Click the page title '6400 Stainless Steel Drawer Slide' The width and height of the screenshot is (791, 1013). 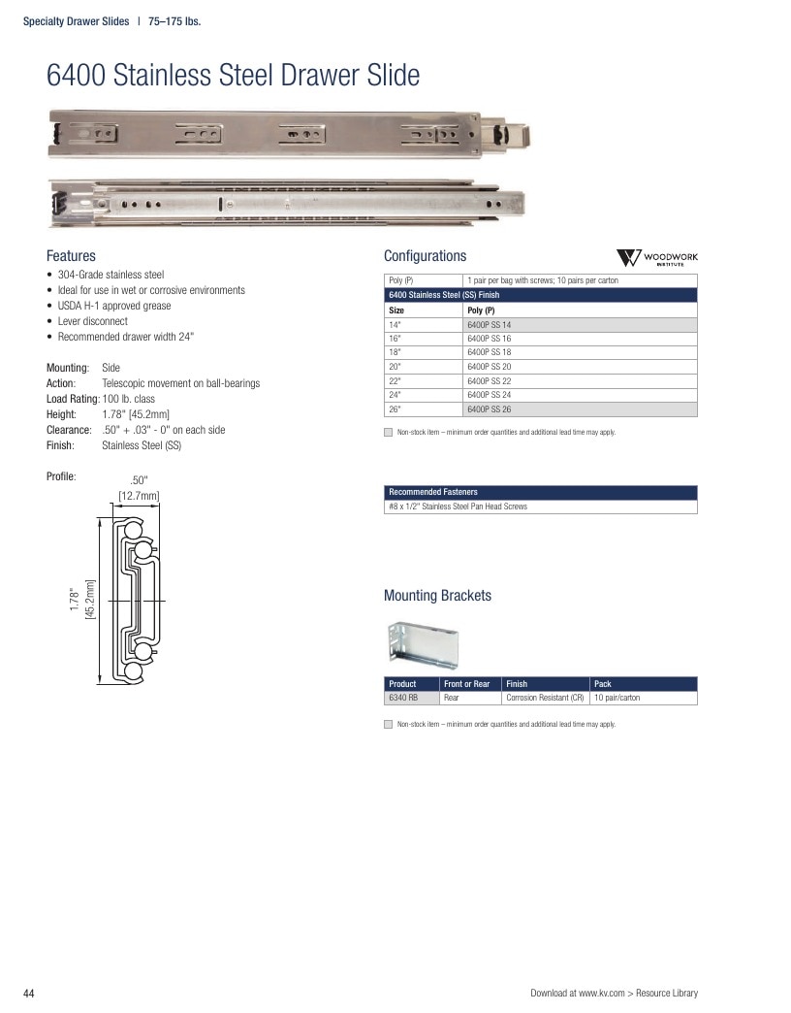[233, 75]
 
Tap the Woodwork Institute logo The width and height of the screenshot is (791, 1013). [657, 258]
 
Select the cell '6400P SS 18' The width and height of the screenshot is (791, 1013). [490, 352]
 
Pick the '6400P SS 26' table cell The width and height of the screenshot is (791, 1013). [490, 408]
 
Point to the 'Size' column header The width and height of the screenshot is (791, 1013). [396, 310]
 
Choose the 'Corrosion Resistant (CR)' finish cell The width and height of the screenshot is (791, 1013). [545, 698]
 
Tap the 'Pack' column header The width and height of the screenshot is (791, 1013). [603, 683]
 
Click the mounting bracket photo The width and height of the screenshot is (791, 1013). [424, 644]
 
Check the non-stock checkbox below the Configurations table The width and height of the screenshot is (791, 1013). [389, 432]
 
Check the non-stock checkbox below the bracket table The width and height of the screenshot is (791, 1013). [389, 724]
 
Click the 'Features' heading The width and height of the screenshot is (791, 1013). [71, 256]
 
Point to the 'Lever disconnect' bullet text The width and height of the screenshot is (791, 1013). [92, 321]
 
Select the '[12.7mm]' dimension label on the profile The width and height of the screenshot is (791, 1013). [139, 496]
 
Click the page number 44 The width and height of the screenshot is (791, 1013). [28, 994]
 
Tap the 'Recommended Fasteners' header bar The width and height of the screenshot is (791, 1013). [541, 492]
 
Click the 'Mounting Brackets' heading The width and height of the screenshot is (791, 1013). [437, 595]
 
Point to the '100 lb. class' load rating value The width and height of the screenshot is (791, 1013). [128, 399]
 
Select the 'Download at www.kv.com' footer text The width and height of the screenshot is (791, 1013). [578, 993]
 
